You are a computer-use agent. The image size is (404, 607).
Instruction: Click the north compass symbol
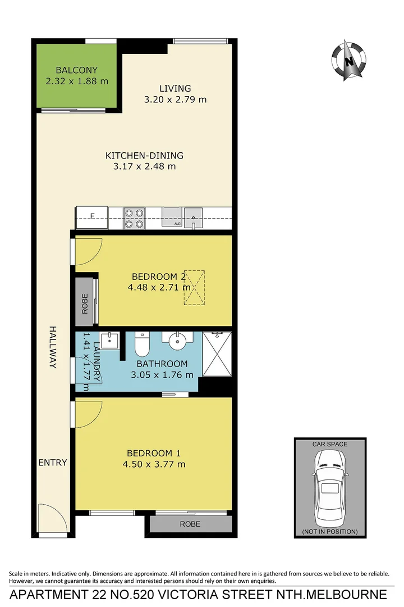coord(350,60)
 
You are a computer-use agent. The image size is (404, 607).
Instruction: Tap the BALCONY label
coord(77,70)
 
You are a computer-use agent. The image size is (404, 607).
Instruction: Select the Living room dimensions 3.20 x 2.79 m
coord(175,99)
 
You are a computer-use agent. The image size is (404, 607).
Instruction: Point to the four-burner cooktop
coord(134,218)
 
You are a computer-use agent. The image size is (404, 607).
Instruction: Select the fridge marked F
coord(92,218)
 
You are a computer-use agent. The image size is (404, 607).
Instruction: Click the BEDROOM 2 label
coord(158,277)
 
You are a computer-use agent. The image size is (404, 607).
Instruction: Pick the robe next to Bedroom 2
coord(85,302)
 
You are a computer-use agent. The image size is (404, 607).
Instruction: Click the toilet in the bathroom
coord(142,344)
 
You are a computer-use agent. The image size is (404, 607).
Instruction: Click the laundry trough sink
coord(109,341)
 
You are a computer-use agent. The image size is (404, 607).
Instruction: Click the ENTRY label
coord(52,463)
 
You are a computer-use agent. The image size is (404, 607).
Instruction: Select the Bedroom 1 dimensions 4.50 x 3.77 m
coord(154,464)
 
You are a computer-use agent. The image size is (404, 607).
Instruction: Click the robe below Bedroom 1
coord(190,524)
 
